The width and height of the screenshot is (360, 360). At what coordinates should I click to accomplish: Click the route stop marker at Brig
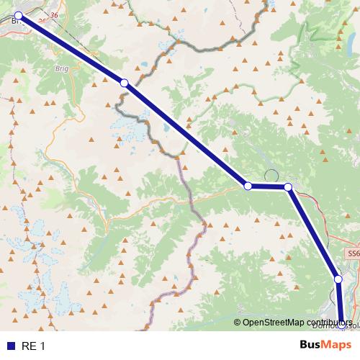coord(19,15)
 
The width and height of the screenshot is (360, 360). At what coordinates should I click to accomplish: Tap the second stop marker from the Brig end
coord(125,84)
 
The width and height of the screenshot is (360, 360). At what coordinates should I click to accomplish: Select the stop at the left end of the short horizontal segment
coord(248,186)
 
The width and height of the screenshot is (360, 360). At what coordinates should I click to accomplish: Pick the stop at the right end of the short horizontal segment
coord(288,187)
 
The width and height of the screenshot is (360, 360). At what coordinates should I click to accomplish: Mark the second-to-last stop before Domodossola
coord(338,279)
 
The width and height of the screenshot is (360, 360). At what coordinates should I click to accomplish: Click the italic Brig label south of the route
coord(63,68)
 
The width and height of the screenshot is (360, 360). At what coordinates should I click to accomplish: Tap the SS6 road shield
coord(352,254)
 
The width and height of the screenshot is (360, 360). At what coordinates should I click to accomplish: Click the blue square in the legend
coord(11,346)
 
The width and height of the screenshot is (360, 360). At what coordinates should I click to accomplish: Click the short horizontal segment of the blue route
coord(268,186)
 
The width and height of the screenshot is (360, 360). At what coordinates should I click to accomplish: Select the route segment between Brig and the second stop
coord(72,50)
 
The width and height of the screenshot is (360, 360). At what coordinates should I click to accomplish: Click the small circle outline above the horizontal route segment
coord(271,175)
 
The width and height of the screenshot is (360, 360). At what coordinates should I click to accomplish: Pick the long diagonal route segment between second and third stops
coord(186,135)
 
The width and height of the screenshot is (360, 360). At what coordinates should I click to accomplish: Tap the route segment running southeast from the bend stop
coord(312,233)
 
